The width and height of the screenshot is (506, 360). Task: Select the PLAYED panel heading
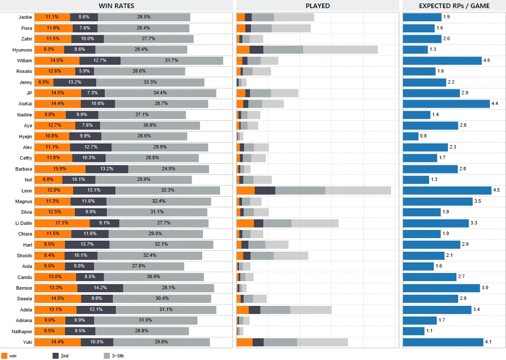317,6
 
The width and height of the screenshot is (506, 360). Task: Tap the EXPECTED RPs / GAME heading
454,6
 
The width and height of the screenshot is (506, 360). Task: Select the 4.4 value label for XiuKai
495,104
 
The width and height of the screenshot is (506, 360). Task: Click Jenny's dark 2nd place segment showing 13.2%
74,82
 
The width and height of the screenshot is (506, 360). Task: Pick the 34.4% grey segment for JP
160,93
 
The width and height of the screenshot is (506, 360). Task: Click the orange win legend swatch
4,355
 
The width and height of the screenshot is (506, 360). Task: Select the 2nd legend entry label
64,356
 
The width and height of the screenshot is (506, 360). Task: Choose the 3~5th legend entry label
117,356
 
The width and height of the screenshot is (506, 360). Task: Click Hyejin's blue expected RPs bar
410,136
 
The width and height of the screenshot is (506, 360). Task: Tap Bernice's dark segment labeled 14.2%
100,288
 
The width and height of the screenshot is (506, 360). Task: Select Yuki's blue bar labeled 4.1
443,342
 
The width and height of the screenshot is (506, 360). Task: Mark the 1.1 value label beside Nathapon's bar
429,331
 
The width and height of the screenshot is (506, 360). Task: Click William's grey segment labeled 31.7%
172,60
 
